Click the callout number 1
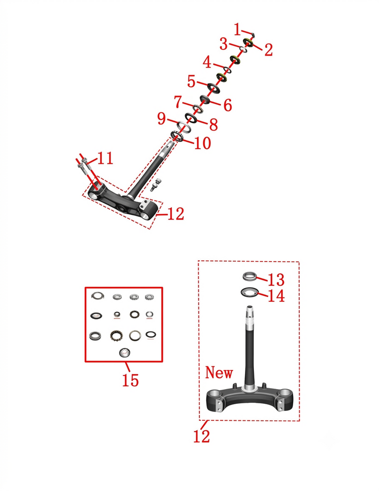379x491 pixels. (237, 29)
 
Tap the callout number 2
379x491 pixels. (269, 50)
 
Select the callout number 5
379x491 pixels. (191, 82)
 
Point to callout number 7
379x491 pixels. (178, 101)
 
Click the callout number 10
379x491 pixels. (203, 143)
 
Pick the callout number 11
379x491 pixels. (105, 158)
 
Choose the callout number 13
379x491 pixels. (276, 280)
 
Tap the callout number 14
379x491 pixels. (276, 296)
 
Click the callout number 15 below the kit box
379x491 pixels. (130, 380)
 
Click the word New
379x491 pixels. (219, 373)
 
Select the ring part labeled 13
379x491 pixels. (250, 276)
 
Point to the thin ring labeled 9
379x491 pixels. (184, 127)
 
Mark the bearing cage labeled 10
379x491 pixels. (177, 136)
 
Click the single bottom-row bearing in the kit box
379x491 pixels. (125, 353)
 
